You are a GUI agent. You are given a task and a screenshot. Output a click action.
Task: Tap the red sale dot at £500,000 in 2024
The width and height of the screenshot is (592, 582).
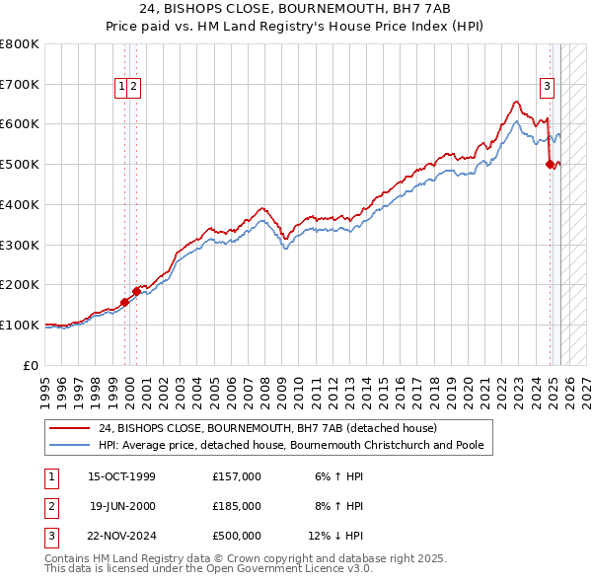(550, 165)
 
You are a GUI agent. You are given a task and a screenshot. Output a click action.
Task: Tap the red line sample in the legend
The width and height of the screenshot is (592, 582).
(70, 428)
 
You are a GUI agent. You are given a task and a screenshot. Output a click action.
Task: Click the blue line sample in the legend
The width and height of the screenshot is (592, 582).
(70, 445)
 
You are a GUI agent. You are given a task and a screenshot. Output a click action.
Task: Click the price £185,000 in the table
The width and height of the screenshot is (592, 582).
(237, 506)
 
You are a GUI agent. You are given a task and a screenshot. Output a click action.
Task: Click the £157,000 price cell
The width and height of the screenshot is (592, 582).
(237, 476)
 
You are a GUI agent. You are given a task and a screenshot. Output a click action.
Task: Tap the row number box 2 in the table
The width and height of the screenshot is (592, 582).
(50, 506)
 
